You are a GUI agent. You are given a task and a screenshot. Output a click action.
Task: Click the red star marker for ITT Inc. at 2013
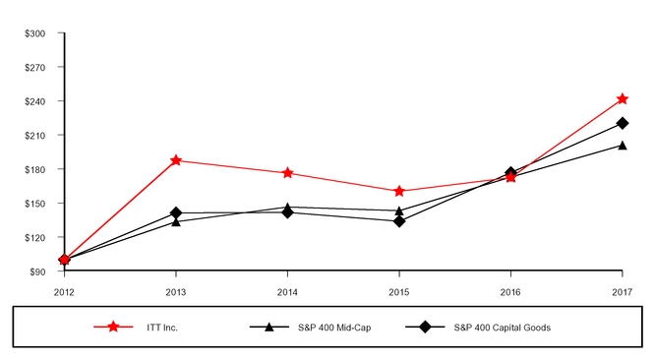click(176, 160)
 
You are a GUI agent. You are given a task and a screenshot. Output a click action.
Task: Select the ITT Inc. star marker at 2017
click(622, 99)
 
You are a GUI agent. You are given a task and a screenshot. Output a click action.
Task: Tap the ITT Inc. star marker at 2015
click(399, 191)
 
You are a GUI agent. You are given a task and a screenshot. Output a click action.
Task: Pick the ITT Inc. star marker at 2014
click(287, 173)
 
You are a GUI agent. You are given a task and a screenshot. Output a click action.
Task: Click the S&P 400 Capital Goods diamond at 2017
click(622, 123)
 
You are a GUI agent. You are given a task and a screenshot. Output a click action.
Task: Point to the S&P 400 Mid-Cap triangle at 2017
click(622, 146)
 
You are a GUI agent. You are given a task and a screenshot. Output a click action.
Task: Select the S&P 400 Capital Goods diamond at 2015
click(399, 221)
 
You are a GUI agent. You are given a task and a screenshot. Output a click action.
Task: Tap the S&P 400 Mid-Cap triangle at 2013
click(176, 221)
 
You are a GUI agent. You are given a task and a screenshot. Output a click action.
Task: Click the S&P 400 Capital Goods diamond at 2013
click(176, 212)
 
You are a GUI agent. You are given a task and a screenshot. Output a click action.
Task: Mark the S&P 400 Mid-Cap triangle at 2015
click(399, 210)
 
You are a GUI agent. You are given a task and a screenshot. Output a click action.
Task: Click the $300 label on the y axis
click(34, 33)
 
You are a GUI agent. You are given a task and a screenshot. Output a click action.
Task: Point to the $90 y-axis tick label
click(36, 271)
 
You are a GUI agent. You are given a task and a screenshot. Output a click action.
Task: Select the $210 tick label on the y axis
click(34, 135)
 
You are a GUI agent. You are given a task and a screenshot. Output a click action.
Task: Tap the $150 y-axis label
click(34, 204)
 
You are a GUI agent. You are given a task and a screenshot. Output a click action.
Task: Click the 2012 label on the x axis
click(64, 292)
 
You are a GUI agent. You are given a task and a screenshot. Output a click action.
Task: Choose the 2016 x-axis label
click(510, 292)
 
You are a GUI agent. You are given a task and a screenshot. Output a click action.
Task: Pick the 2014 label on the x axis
click(287, 292)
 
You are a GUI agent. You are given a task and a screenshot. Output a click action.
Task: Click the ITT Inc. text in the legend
click(162, 328)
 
